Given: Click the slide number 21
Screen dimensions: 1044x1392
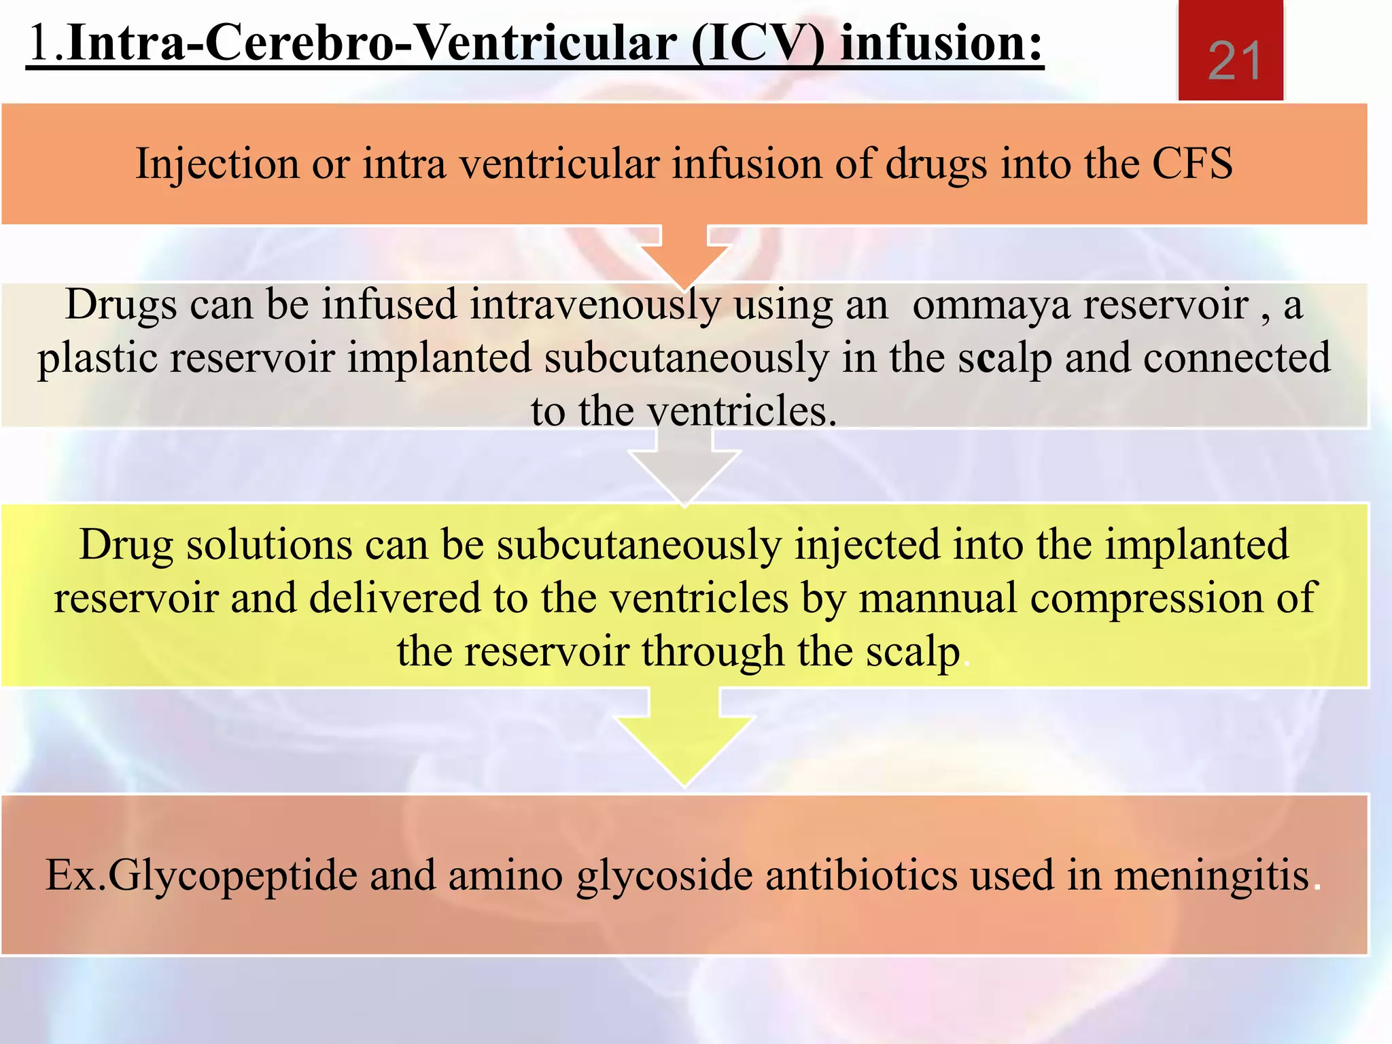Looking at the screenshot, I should pyautogui.click(x=1234, y=60).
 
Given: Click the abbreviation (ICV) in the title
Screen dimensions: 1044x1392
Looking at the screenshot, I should pyautogui.click(x=758, y=43).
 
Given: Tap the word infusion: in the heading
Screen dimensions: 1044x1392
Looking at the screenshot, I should pyautogui.click(x=941, y=43).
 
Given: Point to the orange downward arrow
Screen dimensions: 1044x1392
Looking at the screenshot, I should pyautogui.click(x=684, y=255).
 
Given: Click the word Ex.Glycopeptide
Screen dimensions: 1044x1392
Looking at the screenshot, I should pyautogui.click(x=201, y=875).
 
